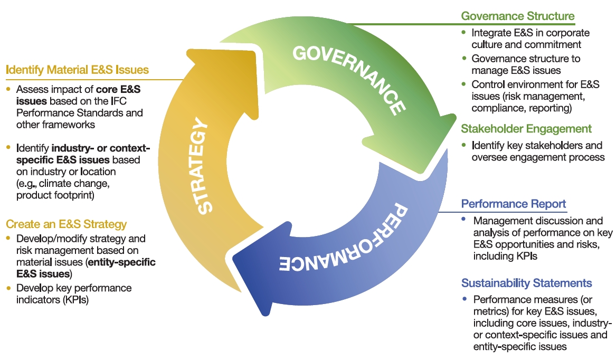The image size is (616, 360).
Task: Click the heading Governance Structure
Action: (518, 16)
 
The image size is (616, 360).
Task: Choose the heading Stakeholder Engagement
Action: (526, 129)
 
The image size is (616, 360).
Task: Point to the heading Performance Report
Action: (514, 204)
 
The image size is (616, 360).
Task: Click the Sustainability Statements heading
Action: (526, 283)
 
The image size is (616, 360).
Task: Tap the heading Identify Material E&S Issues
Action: (77, 70)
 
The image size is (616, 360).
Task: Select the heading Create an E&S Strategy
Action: (67, 224)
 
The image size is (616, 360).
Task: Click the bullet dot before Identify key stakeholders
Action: (464, 145)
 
